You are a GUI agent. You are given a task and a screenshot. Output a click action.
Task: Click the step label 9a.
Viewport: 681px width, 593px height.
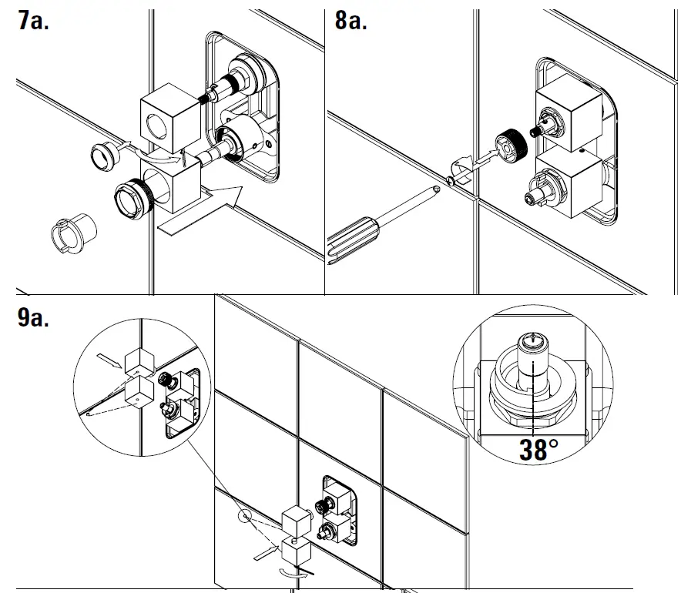point(33,317)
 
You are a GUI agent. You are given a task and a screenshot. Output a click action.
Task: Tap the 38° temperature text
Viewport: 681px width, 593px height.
point(538,450)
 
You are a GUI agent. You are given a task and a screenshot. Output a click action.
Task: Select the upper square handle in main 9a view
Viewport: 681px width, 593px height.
point(295,522)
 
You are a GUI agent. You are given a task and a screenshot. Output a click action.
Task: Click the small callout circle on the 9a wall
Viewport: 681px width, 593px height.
point(245,514)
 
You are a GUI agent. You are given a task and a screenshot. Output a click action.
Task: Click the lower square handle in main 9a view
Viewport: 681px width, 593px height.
point(296,551)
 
